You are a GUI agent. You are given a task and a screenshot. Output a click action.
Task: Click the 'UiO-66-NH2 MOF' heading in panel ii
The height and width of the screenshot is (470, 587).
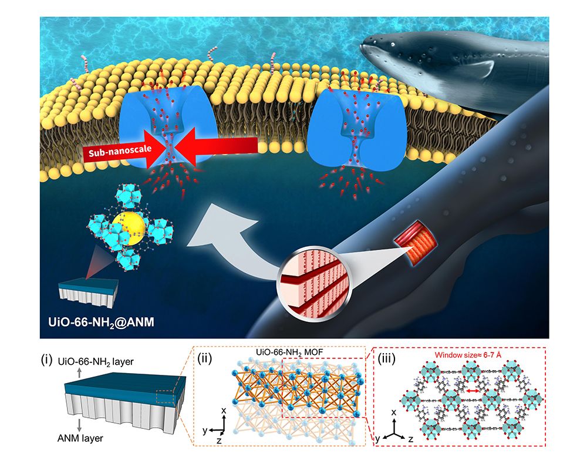click(x=286, y=353)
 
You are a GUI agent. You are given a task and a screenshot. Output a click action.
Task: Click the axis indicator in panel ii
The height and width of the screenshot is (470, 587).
click(x=212, y=432)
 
